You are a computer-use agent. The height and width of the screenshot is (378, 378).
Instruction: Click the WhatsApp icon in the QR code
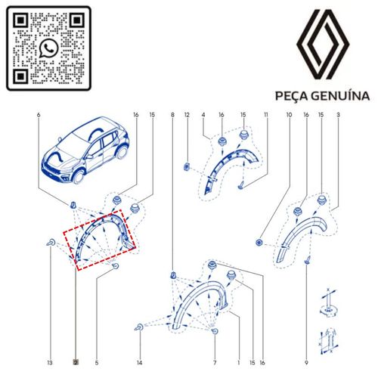(48, 48)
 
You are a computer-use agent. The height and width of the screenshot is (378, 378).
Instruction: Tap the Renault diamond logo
(323, 45)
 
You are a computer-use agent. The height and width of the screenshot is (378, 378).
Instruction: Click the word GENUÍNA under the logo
(340, 96)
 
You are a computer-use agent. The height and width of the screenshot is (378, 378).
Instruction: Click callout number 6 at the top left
(39, 115)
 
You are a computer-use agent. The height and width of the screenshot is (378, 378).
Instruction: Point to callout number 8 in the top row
(172, 115)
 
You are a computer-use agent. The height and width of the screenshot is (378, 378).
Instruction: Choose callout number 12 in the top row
(187, 115)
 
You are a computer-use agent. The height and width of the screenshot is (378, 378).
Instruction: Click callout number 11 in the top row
(266, 115)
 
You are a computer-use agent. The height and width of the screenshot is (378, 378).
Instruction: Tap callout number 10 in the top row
(289, 115)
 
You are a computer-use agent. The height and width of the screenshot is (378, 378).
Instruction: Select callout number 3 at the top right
(338, 115)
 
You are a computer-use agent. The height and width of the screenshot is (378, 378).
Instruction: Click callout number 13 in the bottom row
(50, 363)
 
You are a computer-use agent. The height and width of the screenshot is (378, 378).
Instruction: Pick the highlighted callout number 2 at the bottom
(76, 363)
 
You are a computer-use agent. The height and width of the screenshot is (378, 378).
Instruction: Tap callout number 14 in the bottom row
(139, 363)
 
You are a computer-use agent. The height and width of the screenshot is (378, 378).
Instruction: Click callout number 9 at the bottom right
(306, 363)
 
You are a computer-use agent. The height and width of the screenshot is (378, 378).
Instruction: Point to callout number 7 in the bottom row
(215, 363)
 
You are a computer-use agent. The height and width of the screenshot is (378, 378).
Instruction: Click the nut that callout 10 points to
(259, 243)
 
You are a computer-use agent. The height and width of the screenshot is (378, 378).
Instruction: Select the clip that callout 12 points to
(187, 166)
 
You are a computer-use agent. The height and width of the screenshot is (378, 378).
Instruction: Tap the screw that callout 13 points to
(51, 243)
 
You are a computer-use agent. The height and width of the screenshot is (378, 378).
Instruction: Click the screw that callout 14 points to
(139, 327)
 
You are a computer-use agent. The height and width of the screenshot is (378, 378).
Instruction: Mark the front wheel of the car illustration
(78, 176)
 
